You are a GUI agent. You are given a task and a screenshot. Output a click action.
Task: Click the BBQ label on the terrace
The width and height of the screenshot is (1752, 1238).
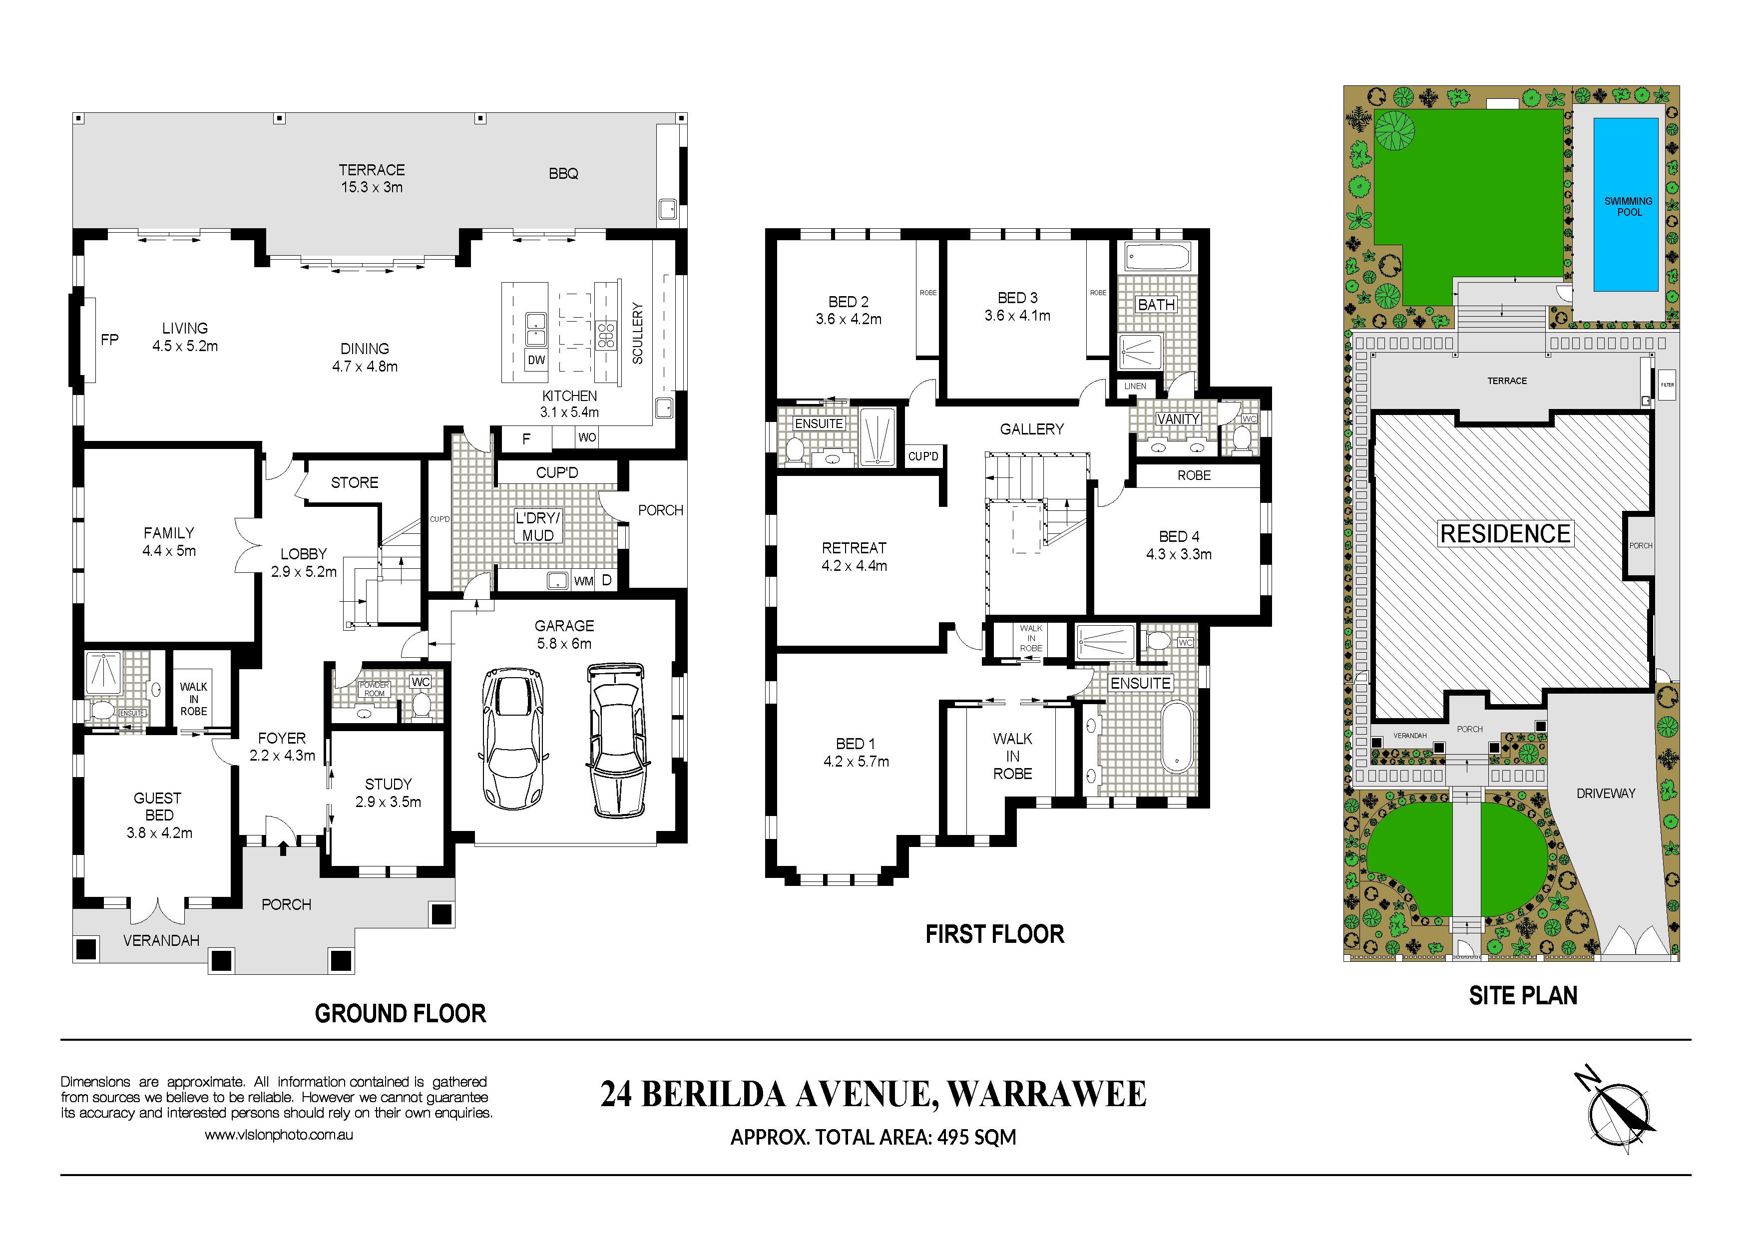pyautogui.click(x=563, y=174)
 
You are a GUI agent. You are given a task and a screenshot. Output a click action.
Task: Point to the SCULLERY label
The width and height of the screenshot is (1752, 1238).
pyautogui.click(x=638, y=333)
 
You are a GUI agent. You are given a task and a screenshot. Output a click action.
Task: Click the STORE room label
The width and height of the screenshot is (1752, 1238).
pyautogui.click(x=355, y=483)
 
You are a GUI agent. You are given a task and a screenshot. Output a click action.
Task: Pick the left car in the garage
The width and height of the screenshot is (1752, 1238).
pyautogui.click(x=515, y=739)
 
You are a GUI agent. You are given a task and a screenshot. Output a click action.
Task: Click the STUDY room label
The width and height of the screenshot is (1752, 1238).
pyautogui.click(x=389, y=784)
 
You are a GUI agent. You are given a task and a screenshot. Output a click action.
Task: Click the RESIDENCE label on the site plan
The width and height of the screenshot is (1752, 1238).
pyautogui.click(x=1505, y=534)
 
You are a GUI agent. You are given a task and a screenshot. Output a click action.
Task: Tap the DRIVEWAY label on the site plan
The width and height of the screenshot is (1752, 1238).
pyautogui.click(x=1606, y=794)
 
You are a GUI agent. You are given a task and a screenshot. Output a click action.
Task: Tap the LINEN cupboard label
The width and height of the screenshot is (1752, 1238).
pyautogui.click(x=1135, y=387)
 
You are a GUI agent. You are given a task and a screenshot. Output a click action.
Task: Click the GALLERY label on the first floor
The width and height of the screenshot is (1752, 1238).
pyautogui.click(x=1032, y=429)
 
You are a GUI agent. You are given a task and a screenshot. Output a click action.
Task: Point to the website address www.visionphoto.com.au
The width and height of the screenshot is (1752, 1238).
pyautogui.click(x=279, y=1135)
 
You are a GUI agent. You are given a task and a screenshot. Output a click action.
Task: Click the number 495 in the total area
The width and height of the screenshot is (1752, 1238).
pyautogui.click(x=954, y=1137)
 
